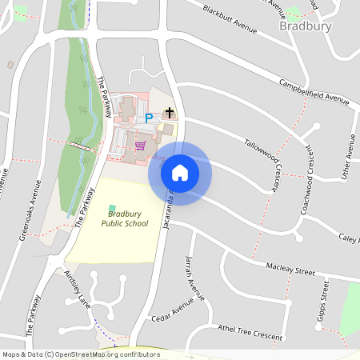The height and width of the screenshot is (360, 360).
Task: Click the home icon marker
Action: [180, 172]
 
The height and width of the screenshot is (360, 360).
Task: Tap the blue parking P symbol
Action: [148, 118]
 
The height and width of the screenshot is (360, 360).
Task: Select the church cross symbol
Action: [168, 114]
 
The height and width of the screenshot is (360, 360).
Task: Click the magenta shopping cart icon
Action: [141, 146]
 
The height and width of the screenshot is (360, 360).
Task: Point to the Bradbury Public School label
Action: [125, 218]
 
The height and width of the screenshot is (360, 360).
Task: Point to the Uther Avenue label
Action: [348, 157]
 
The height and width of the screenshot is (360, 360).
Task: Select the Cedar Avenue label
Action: [173, 312]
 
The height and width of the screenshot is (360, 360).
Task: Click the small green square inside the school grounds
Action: [111, 209]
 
